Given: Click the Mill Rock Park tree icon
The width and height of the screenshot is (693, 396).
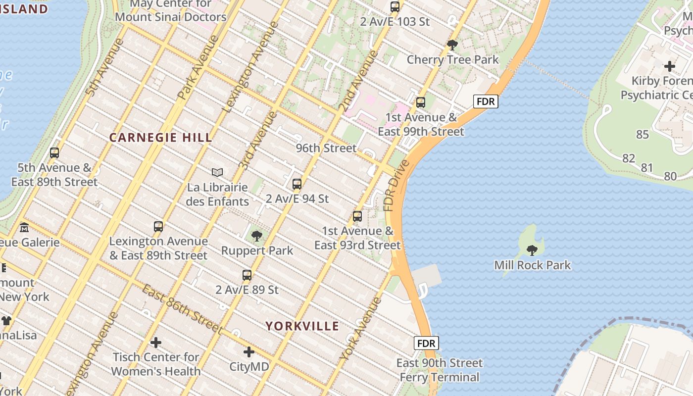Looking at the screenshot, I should click(532, 250).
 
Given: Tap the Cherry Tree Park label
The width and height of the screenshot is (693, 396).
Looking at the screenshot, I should click(452, 60).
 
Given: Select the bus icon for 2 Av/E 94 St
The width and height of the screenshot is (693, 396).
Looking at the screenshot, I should click(297, 184).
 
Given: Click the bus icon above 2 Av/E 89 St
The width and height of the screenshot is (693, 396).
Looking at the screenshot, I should click(247, 275).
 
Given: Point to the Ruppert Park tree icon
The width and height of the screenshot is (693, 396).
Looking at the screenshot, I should click(256, 236).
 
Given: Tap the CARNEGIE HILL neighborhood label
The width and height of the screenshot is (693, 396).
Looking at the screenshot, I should click(160, 138).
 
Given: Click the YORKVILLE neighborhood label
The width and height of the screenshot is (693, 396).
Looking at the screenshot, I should click(302, 326).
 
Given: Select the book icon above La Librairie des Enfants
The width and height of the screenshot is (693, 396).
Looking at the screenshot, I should click(217, 172).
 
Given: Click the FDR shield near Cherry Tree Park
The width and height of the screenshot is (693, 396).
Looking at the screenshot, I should click(485, 101).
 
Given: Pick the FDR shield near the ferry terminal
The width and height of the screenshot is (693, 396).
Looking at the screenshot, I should click(426, 343).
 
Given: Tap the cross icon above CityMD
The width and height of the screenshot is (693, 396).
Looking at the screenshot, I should click(249, 352).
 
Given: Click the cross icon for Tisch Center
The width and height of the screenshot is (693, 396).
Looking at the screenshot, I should click(156, 343).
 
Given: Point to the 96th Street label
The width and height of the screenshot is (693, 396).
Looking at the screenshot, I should click(326, 148).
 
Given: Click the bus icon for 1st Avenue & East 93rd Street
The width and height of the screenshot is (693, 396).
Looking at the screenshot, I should click(357, 216).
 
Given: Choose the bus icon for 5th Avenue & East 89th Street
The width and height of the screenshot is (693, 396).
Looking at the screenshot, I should click(54, 153).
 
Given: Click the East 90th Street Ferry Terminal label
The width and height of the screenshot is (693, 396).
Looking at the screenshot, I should click(439, 370).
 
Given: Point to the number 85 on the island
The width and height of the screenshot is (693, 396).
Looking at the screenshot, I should click(642, 135).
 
